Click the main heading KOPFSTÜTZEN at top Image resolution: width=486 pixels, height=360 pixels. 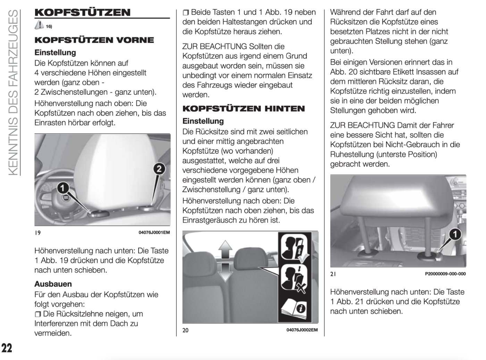[83, 13]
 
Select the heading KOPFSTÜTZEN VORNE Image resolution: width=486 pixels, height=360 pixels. [94, 40]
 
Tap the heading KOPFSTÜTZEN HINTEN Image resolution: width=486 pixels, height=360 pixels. [243, 109]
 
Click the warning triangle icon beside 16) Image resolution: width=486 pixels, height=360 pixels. [39, 25]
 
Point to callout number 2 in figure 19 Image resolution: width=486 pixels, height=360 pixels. [159, 169]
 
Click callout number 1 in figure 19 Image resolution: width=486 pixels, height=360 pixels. [62, 188]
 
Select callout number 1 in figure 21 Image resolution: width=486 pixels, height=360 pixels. [455, 234]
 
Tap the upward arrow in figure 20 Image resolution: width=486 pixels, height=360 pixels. [225, 249]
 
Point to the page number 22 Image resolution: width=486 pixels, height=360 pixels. [7, 347]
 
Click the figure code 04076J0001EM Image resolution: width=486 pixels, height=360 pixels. [154, 232]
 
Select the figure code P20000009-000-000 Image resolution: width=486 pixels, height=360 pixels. [445, 274]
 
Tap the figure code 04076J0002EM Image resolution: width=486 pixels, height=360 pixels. [302, 330]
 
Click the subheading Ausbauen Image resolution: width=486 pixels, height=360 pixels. [53, 284]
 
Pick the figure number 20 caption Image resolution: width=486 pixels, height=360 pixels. [186, 330]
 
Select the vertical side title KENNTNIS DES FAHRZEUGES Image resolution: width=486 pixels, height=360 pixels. [12, 92]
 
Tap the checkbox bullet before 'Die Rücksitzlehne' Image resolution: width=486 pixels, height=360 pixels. [37, 314]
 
